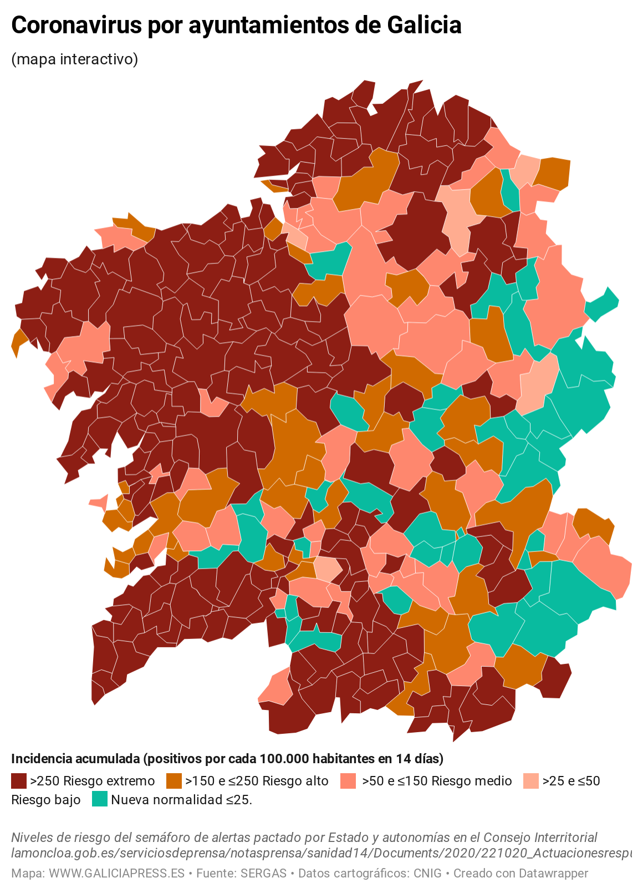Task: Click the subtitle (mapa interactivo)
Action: pyautogui.click(x=74, y=59)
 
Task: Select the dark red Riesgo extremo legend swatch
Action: pyautogui.click(x=19, y=781)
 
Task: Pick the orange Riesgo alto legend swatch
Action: pyautogui.click(x=174, y=781)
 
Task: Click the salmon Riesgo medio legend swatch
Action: pyautogui.click(x=348, y=781)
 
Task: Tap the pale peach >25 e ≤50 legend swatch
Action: pyautogui.click(x=531, y=781)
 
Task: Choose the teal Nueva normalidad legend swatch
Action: pyautogui.click(x=100, y=799)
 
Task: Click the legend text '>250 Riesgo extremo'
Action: pyautogui.click(x=93, y=781)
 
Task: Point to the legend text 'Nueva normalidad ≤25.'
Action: pyautogui.click(x=181, y=800)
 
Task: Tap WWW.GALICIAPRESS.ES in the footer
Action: pyautogui.click(x=116, y=874)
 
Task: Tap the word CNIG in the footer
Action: pyautogui.click(x=427, y=874)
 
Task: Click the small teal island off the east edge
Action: pyautogui.click(x=603, y=304)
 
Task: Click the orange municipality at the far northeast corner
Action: pyautogui.click(x=554, y=173)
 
